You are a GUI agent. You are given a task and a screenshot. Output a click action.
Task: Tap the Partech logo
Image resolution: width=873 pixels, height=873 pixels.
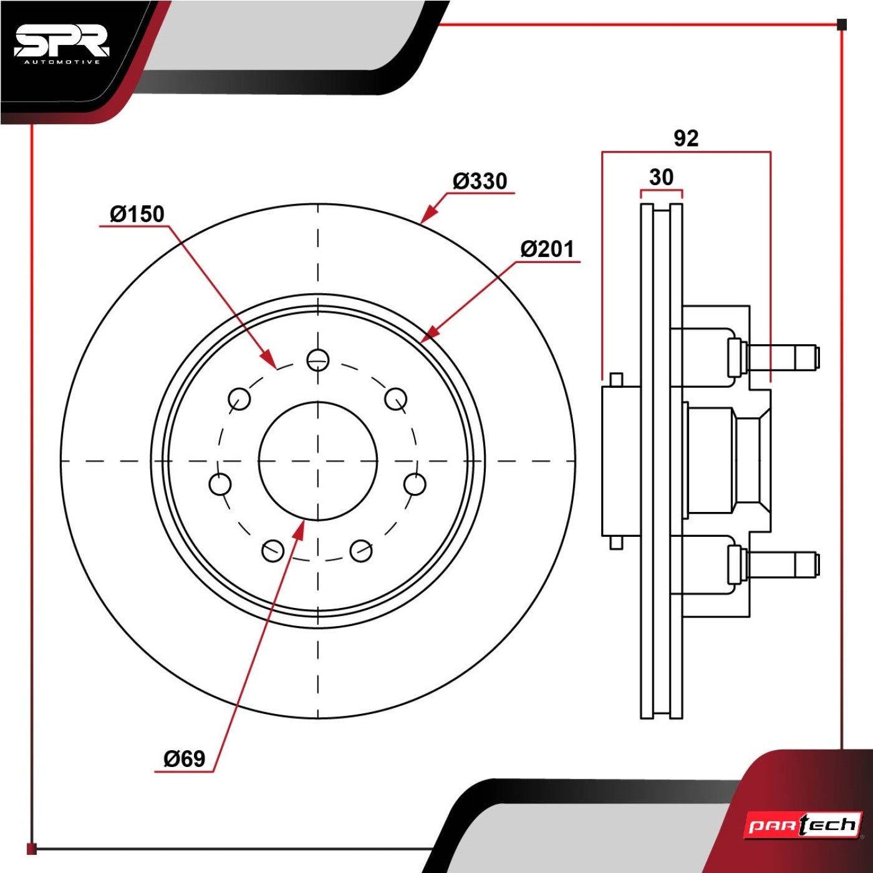pyautogui.click(x=804, y=825)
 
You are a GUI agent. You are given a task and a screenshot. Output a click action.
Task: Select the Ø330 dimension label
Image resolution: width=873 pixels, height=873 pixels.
pyautogui.click(x=480, y=181)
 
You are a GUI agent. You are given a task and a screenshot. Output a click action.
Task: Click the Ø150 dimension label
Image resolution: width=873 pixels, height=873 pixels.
pyautogui.click(x=137, y=215)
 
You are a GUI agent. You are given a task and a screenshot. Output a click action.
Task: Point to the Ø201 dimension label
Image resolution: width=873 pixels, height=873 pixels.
pyautogui.click(x=547, y=249)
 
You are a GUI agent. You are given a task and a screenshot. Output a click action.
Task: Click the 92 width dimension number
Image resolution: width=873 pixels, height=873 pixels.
pyautogui.click(x=686, y=138)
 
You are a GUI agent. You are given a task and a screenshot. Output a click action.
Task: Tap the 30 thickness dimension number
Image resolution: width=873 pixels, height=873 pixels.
pyautogui.click(x=661, y=176)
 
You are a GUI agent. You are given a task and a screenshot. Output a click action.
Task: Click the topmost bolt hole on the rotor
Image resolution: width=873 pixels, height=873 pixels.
pyautogui.click(x=318, y=360)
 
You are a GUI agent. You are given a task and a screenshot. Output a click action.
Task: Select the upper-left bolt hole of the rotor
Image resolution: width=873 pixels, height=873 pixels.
pyautogui.click(x=239, y=398)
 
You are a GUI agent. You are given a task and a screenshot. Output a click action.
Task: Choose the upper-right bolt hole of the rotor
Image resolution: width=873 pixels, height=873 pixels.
pyautogui.click(x=396, y=398)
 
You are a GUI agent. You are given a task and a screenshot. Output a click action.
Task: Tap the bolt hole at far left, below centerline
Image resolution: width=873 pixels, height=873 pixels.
pyautogui.click(x=220, y=484)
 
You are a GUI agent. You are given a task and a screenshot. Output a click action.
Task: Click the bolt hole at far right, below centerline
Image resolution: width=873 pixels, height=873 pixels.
pyautogui.click(x=415, y=484)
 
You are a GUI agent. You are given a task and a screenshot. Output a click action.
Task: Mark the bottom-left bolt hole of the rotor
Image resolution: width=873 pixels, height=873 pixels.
pyautogui.click(x=273, y=551)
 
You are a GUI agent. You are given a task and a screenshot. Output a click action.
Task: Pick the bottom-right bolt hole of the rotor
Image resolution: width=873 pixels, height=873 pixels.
pyautogui.click(x=362, y=551)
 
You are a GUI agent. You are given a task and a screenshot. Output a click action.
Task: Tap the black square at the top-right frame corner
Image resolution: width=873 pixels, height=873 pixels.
pyautogui.click(x=841, y=24)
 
